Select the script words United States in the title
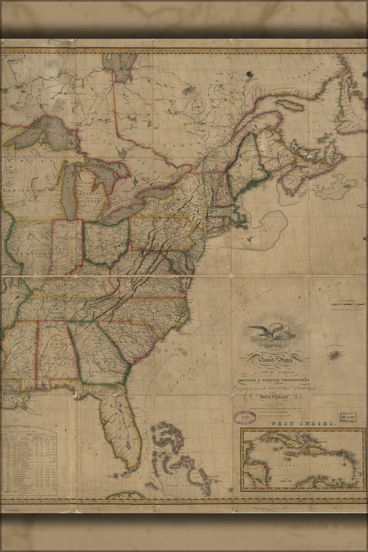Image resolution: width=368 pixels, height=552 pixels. (x=273, y=360)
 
